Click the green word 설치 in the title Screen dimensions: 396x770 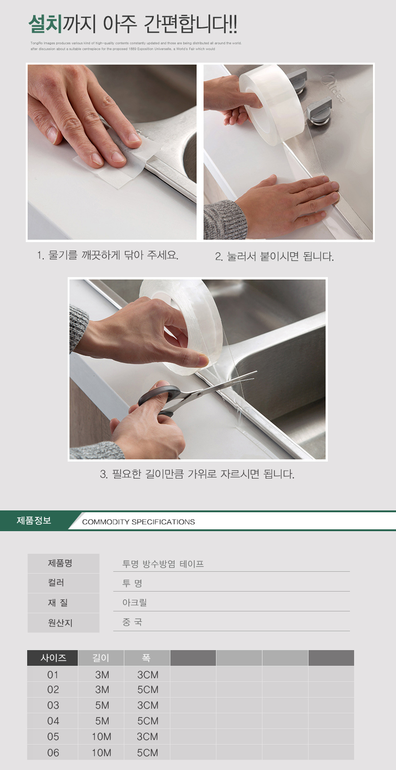(45, 24)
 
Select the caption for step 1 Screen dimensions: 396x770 (108, 255)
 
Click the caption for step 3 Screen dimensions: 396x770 (198, 474)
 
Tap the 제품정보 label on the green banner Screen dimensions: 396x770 (34, 520)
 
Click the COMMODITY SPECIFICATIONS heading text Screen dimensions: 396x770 (138, 522)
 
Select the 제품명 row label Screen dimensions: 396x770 (60, 563)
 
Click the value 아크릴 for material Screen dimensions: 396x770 (134, 602)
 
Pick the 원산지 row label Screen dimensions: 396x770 (60, 622)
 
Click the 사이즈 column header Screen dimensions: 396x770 (53, 657)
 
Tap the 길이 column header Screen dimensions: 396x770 (101, 657)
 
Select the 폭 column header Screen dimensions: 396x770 (146, 657)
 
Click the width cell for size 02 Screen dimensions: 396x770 (148, 690)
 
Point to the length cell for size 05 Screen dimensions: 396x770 (101, 737)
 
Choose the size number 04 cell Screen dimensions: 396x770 (53, 721)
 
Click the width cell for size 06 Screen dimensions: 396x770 (148, 753)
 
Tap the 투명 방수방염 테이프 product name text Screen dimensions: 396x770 (163, 564)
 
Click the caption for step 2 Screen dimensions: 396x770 (274, 256)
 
